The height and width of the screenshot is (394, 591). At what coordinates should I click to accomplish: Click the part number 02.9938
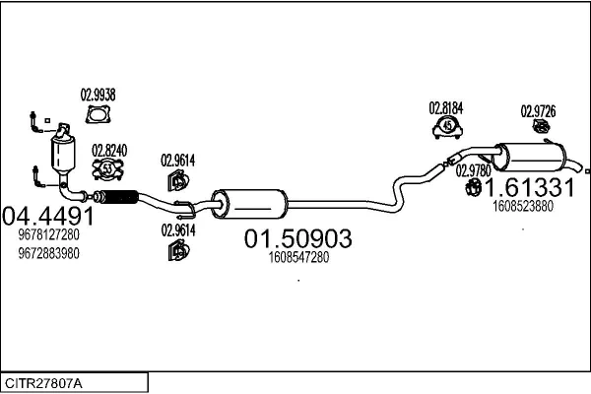pos(98,96)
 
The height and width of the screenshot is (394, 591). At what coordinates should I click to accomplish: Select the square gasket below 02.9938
pos(98,116)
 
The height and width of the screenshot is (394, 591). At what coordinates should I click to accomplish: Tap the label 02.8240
pos(109,151)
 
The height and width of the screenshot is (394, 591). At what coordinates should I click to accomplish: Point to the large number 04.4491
pos(48,216)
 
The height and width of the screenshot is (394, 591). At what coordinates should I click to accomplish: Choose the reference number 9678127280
pos(48,236)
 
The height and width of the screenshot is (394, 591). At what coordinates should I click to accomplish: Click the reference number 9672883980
pos(48,253)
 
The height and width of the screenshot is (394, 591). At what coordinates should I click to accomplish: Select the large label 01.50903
pos(297,238)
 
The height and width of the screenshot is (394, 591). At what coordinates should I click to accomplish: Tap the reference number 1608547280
pos(297,258)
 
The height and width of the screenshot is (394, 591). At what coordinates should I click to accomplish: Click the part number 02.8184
pos(445,108)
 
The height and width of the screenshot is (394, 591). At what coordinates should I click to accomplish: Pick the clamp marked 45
pos(448,126)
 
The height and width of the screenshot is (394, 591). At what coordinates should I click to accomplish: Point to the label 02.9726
pos(539,110)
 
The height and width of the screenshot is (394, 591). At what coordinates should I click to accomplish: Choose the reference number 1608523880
pos(522,206)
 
